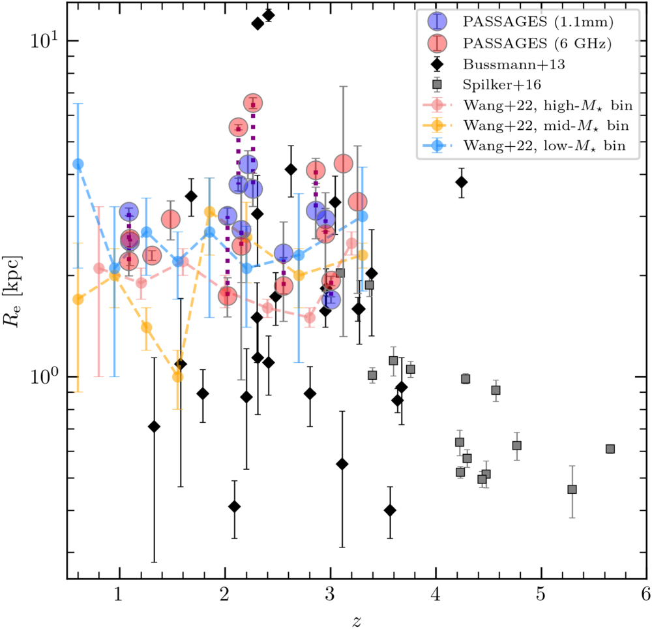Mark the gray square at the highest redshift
coord(610,449)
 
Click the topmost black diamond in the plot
coord(268,15)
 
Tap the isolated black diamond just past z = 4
coord(462,182)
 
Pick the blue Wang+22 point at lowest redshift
coord(78,164)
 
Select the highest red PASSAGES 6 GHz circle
coord(253,103)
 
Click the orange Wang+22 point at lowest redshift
coord(78,299)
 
